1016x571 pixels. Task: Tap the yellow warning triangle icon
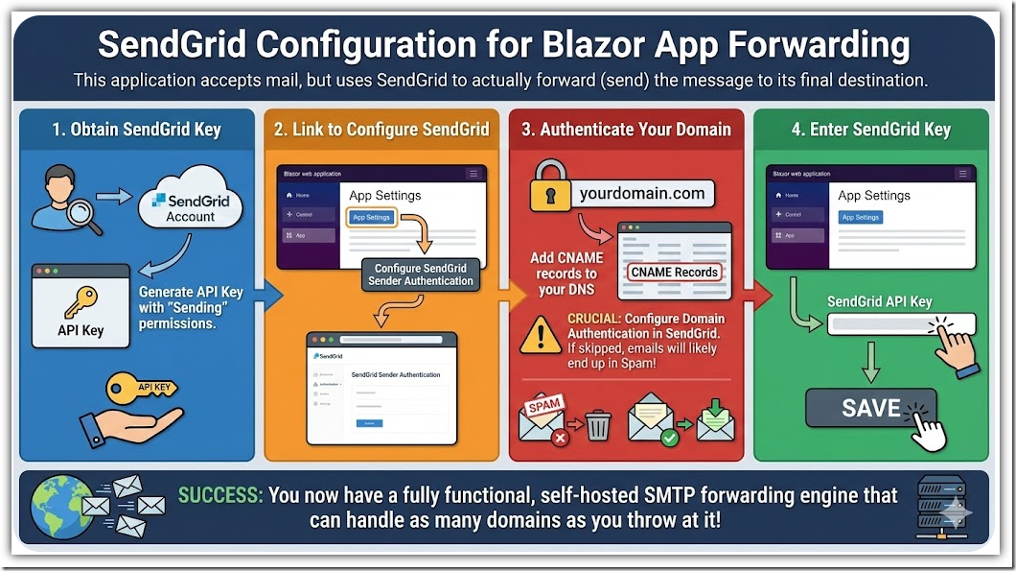(x=543, y=335)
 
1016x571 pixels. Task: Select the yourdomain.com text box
(x=641, y=194)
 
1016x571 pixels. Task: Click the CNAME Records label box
(x=674, y=273)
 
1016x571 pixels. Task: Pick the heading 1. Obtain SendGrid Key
(x=136, y=130)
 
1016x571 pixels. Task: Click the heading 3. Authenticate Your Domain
(x=626, y=130)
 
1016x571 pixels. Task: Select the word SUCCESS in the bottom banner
(x=220, y=496)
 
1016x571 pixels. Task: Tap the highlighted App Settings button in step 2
(x=371, y=217)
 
